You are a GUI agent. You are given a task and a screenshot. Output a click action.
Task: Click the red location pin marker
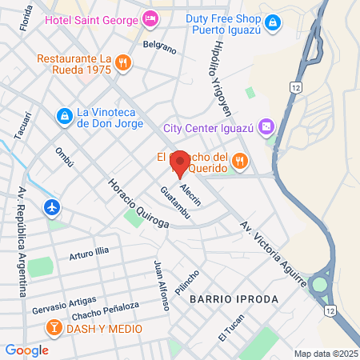click(x=180, y=163)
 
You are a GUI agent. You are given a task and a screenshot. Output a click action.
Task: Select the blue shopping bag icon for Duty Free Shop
click(x=273, y=22)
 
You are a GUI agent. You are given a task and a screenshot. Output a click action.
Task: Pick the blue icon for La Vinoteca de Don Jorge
click(x=63, y=117)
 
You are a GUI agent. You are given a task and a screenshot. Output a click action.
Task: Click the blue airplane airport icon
click(x=53, y=207)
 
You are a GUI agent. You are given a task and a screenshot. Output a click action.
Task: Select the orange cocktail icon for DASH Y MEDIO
click(x=53, y=328)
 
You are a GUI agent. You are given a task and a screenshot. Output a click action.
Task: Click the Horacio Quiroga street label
click(x=138, y=202)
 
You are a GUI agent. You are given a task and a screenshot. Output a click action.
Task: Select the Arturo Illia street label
click(x=88, y=256)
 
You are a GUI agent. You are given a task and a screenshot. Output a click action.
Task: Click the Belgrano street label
click(x=159, y=48)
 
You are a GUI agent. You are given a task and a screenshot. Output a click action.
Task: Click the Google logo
click(x=26, y=350)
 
